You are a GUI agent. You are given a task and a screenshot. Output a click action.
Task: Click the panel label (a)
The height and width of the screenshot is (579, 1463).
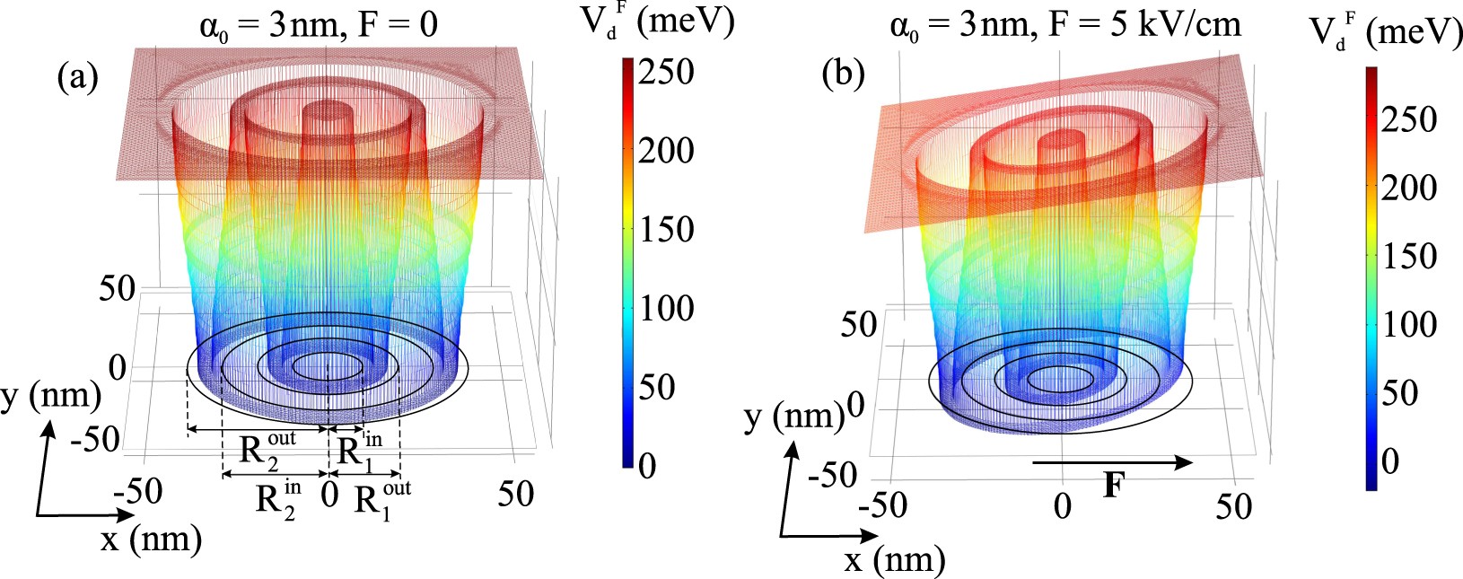coord(77,78)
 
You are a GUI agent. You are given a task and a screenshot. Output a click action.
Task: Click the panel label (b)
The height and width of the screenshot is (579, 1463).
coord(843,75)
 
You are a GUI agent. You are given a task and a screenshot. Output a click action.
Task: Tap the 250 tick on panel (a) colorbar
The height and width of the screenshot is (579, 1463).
coord(666,72)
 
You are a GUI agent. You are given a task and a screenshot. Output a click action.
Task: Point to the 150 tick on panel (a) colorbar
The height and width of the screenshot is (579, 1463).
coord(666,230)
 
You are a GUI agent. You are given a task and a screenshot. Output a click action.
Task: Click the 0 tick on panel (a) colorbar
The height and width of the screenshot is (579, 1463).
coord(646,467)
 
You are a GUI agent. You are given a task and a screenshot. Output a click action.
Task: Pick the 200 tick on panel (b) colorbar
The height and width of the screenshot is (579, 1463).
coord(1408,189)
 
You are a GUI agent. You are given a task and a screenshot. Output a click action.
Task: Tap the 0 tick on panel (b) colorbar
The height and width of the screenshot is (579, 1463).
coord(1389,461)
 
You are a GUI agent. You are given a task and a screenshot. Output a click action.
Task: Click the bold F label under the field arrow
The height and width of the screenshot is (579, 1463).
coord(1113,486)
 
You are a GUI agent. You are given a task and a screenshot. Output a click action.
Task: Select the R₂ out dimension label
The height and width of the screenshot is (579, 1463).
coord(267,447)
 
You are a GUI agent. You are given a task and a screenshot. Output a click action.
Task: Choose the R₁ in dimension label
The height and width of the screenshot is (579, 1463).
coord(359,447)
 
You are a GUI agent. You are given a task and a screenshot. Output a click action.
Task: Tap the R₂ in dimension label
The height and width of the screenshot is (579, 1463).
coord(278,498)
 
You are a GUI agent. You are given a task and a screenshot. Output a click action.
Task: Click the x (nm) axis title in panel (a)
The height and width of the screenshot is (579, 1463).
coord(150,539)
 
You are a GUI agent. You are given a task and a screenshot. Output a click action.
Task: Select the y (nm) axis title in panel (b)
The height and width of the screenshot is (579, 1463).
coord(794,417)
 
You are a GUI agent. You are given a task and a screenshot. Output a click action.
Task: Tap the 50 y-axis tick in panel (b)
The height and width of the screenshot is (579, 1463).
coord(858,325)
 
